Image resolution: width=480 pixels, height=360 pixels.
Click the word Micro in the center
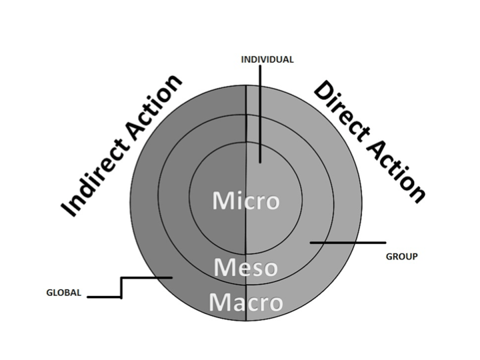[245, 201]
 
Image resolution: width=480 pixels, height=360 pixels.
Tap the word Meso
[245, 267]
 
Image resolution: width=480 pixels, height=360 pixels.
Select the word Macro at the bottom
[245, 303]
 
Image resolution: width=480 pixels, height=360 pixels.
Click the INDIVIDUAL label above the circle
[267, 59]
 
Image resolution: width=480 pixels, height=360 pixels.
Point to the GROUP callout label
[402, 256]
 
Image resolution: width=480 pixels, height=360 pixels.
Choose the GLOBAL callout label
[63, 292]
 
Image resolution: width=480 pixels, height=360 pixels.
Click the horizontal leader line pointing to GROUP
[347, 242]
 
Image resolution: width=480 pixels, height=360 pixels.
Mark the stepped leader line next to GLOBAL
[121, 287]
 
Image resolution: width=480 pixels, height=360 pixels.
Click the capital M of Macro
[219, 303]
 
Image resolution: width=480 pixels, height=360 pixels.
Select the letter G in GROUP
[389, 256]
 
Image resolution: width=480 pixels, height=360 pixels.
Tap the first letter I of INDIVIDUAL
[243, 59]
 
